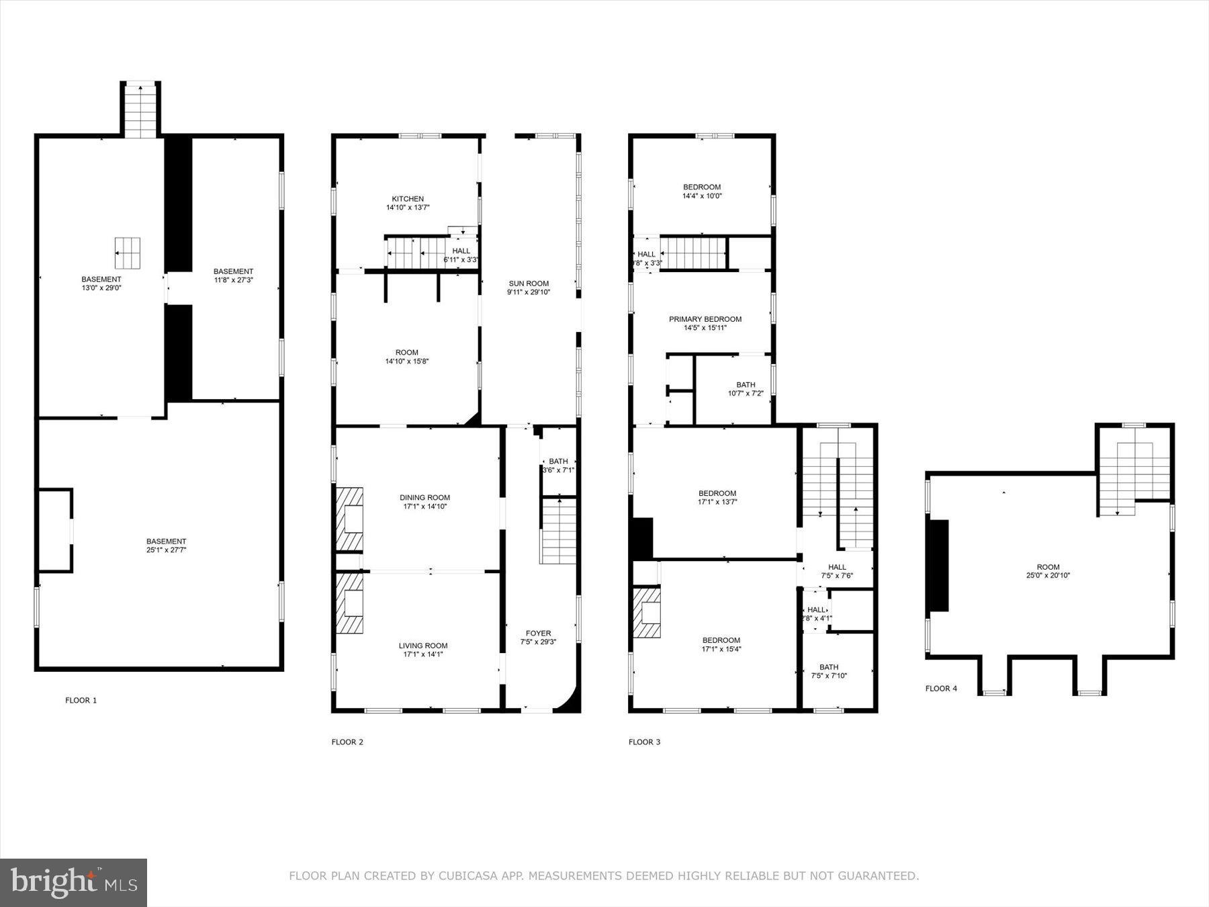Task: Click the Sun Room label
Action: (528, 284)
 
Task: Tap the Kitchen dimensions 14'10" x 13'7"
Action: (408, 208)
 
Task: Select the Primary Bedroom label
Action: (705, 319)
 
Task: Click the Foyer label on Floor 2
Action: (538, 633)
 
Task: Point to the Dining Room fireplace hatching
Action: (349, 519)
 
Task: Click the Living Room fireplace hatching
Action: (349, 603)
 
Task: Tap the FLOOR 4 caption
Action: (941, 688)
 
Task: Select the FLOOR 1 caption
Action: (81, 700)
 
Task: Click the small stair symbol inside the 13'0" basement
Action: (127, 253)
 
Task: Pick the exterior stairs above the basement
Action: (140, 112)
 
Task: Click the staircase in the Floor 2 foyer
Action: (559, 531)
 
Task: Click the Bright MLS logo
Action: (73, 882)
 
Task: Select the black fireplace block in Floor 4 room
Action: (938, 566)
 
